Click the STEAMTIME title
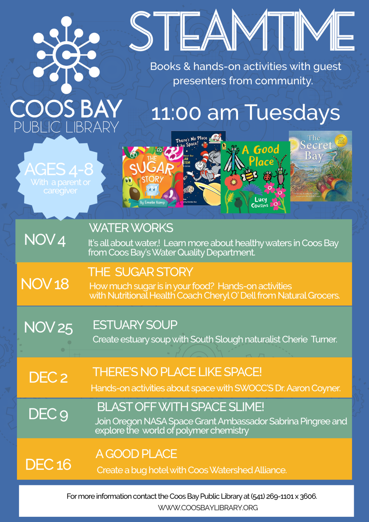pos(242,31)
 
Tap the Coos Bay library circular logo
pos(66,55)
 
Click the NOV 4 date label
pos(45,240)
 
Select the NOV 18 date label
pos(45,284)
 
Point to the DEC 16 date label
pos(48,464)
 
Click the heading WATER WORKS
pos(131,228)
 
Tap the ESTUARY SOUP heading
pos(135,325)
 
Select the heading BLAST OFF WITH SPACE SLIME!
pos(181,407)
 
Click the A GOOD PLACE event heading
pos(136,454)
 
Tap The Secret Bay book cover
pos(320,166)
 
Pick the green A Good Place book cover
pos(255,177)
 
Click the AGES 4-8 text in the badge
pos(59,169)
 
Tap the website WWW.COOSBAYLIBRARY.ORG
pos(208,508)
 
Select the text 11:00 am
pos(194,113)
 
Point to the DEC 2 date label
pos(48,377)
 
